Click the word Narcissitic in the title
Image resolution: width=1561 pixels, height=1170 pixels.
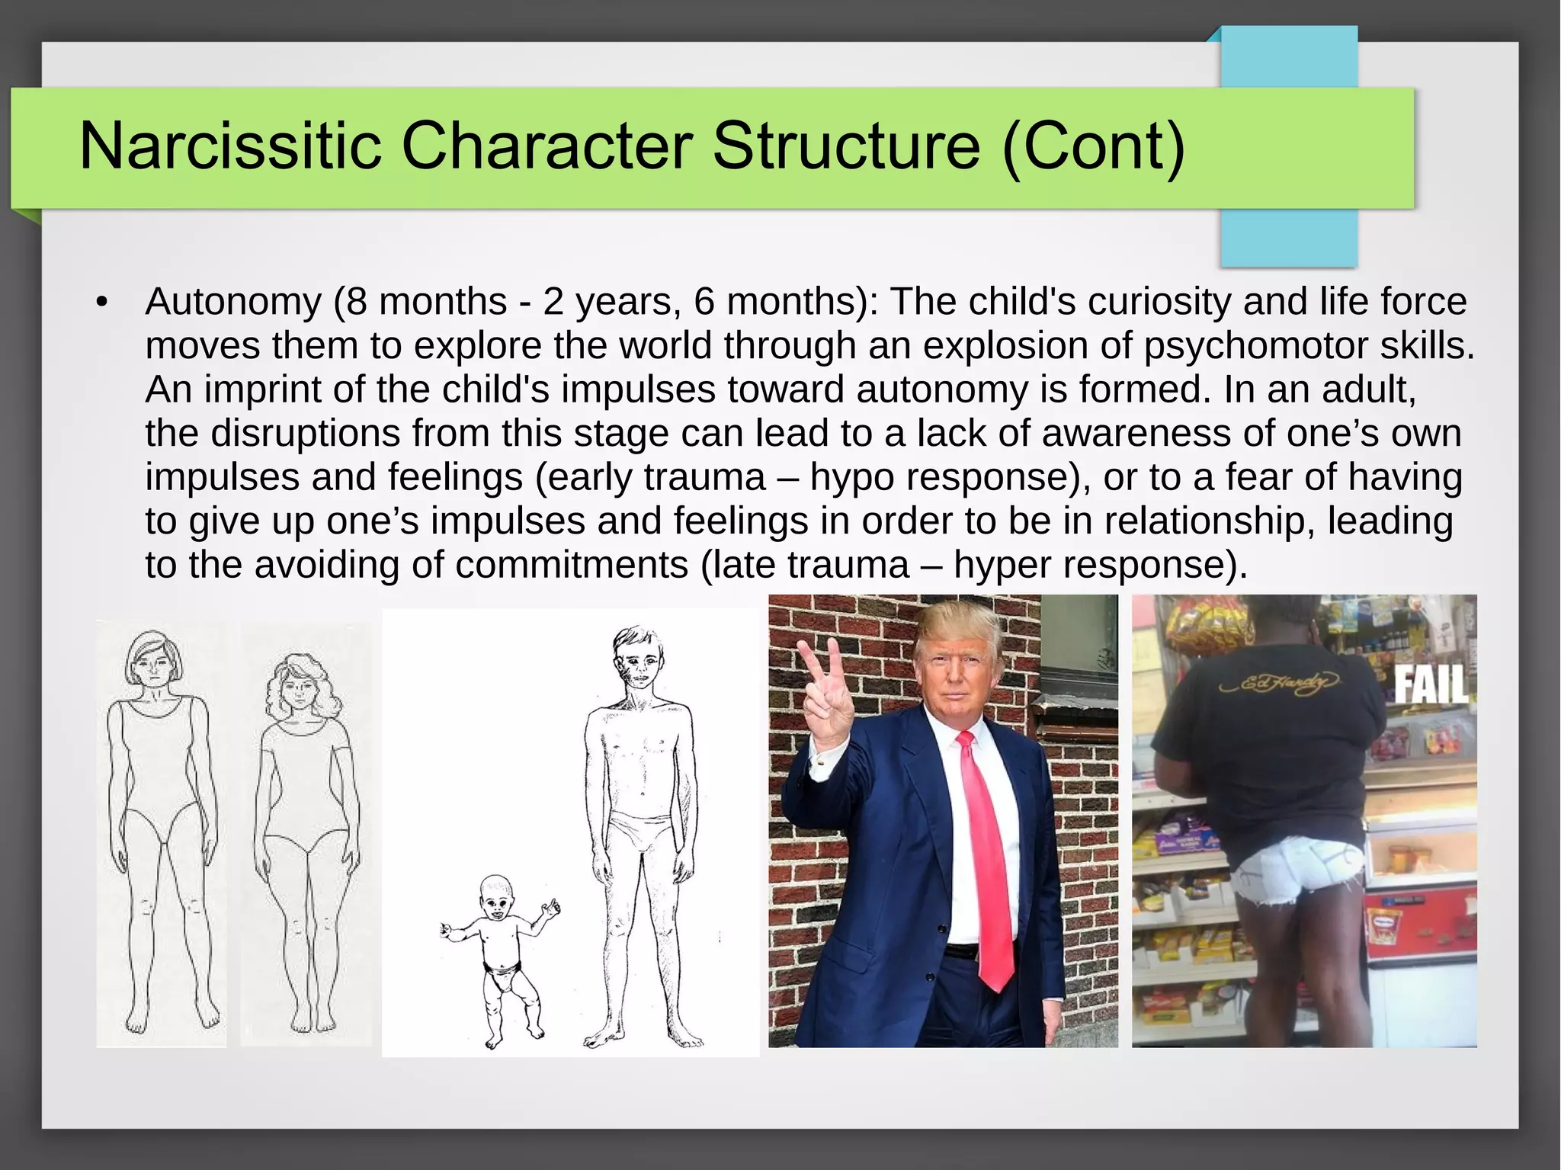point(230,146)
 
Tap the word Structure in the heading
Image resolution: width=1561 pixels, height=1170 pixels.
point(846,146)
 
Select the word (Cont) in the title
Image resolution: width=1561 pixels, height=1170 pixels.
point(1094,146)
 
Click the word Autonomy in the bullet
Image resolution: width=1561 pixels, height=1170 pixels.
point(233,303)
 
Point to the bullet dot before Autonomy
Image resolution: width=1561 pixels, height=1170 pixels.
point(102,303)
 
